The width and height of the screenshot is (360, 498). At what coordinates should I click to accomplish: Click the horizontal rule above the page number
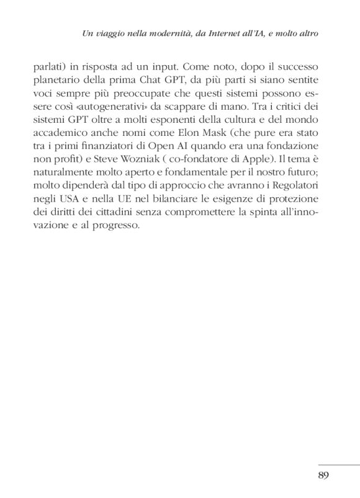coord(338,464)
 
